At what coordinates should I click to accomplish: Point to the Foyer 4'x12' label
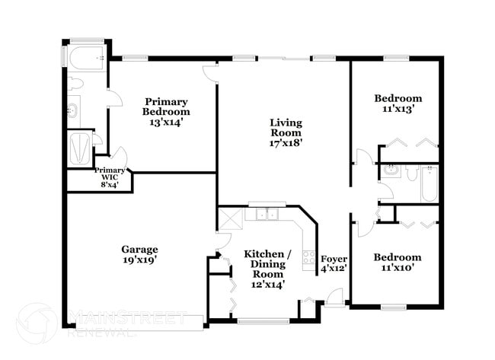tap(334, 263)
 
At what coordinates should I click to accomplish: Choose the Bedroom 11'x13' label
tap(398, 104)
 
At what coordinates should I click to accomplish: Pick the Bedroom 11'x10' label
tap(398, 263)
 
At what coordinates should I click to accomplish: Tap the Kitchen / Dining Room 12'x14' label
tap(267, 269)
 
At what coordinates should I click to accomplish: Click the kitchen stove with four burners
tap(309, 258)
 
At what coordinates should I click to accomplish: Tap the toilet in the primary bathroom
tap(75, 84)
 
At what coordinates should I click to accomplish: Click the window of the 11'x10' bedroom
tap(394, 307)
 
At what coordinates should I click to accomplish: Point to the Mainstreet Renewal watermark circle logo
tap(36, 323)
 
